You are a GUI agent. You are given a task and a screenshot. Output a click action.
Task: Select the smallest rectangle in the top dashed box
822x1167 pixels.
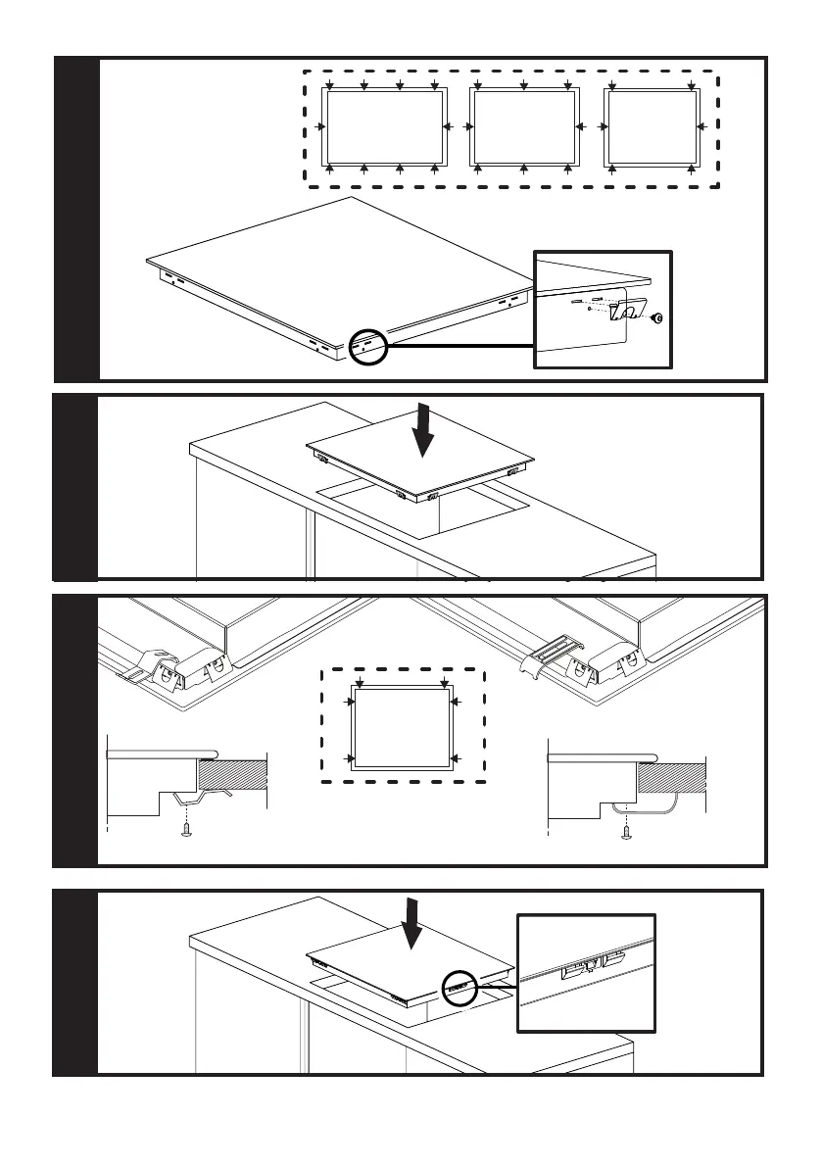click(652, 127)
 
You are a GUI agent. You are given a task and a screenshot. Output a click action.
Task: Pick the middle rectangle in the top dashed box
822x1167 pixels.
click(523, 127)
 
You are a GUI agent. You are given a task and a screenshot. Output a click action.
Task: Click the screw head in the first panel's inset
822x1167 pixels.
click(658, 318)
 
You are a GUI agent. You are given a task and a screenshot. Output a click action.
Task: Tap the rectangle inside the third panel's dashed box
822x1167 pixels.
click(403, 727)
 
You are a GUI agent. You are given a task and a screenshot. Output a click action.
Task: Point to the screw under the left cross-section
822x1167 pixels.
click(187, 831)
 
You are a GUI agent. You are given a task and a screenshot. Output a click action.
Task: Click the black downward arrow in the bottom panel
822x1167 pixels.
click(413, 924)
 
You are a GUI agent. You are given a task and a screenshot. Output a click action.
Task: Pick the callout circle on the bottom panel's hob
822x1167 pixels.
click(458, 987)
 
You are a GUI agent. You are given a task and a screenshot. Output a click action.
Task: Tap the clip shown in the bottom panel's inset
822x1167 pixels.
click(590, 969)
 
